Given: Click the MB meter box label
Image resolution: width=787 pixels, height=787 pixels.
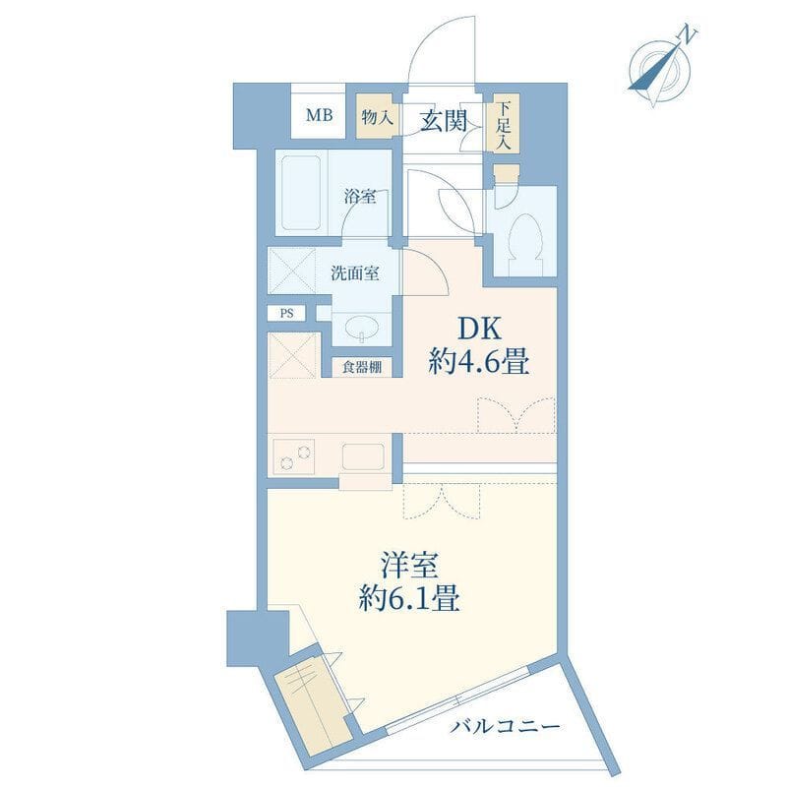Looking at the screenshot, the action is pos(320,115).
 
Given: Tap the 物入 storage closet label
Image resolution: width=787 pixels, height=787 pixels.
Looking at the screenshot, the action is pos(377,118).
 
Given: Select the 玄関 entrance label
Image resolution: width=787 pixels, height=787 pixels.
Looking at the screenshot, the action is pos(444,121).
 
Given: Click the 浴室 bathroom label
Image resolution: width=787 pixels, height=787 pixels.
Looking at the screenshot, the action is pos(360,196).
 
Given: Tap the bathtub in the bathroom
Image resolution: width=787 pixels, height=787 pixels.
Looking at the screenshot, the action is pos(301,193).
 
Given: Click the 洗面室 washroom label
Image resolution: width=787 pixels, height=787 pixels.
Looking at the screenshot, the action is pos(355,273).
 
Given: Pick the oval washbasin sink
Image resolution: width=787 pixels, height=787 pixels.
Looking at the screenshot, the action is pos(361,328).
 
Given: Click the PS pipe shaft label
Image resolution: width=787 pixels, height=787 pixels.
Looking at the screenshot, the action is pos(286,314).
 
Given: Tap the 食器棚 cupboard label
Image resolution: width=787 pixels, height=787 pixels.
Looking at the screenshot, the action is pos(361,367).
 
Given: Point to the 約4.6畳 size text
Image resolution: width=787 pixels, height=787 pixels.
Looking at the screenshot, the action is pos(478,361).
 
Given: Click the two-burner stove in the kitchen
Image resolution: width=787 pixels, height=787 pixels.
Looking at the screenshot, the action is pos(293,456).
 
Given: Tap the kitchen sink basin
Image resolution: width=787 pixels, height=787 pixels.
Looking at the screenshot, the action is pos(363,455).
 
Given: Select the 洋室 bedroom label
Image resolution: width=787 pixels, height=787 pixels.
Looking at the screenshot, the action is pos(409,566).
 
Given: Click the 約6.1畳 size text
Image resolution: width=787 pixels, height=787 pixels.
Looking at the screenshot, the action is pos(409,598).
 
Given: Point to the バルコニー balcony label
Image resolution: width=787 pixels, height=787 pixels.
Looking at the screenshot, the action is pos(504,726).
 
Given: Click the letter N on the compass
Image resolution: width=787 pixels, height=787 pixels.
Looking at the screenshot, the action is pos(687,35).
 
